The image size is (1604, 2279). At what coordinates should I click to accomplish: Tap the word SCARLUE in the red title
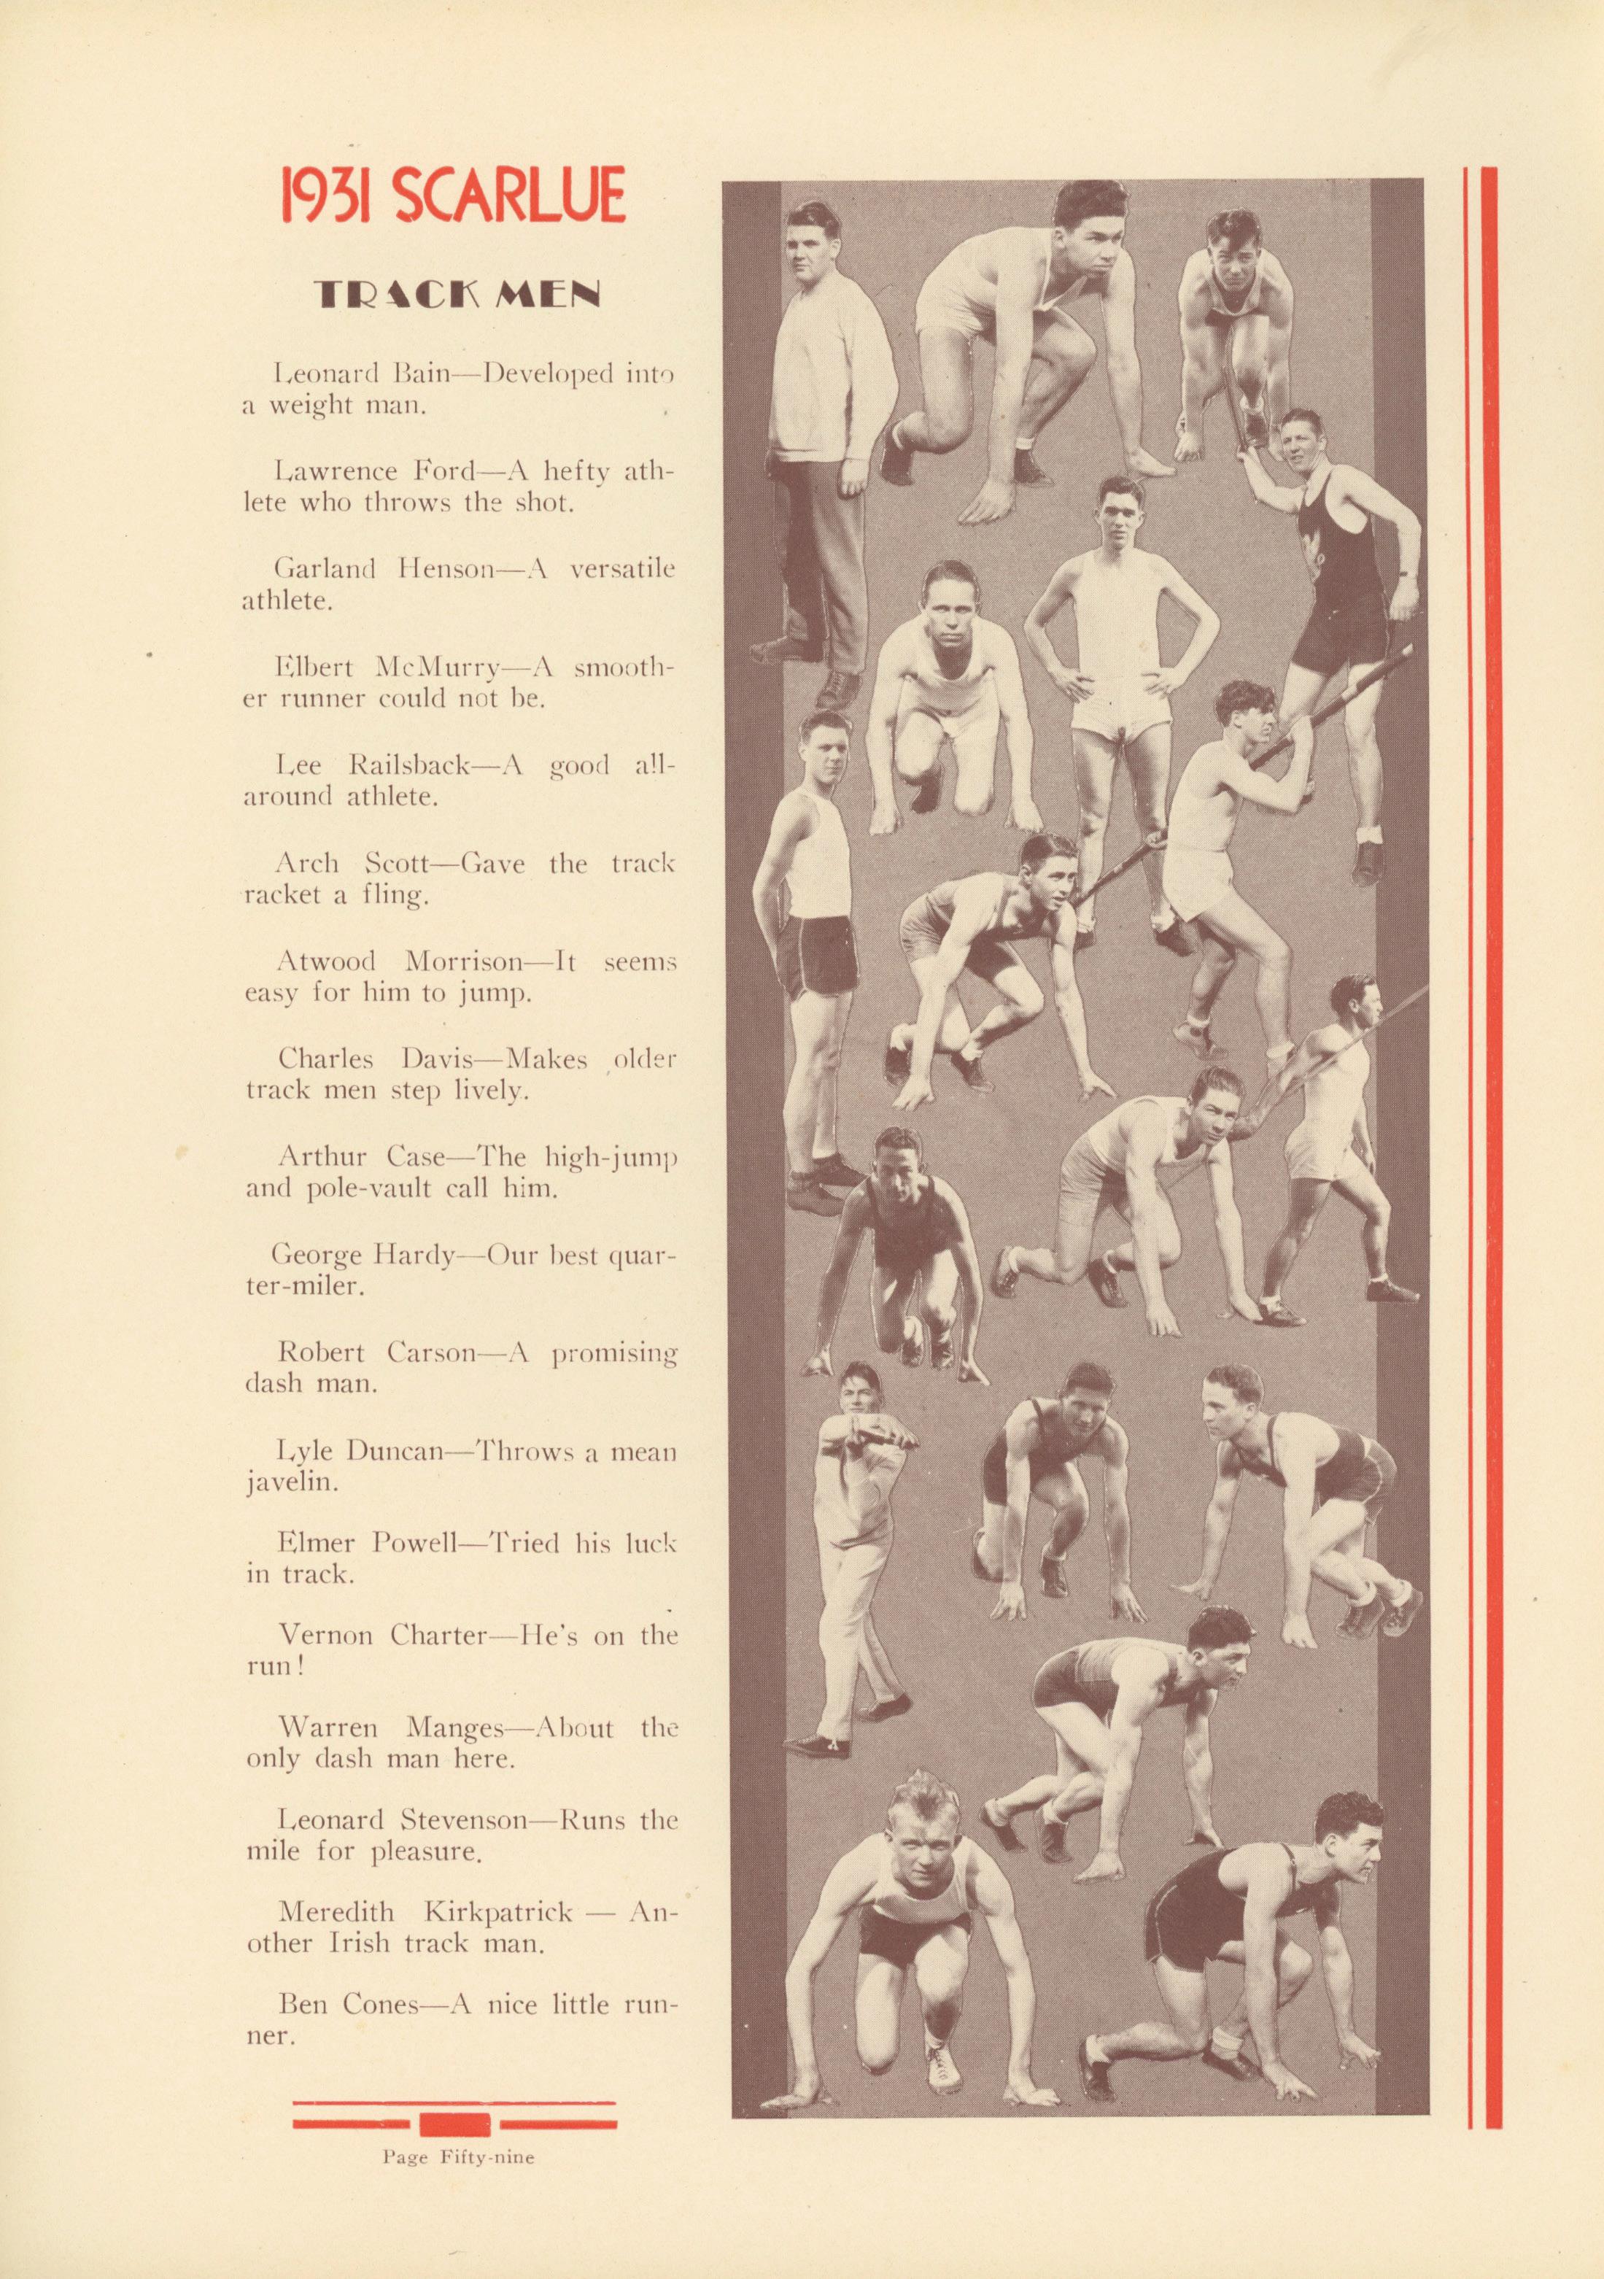pyautogui.click(x=509, y=196)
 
